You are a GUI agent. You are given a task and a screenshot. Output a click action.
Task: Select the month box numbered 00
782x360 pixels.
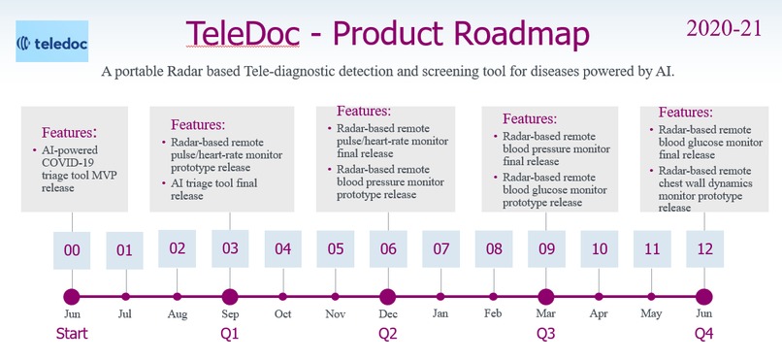tap(72, 249)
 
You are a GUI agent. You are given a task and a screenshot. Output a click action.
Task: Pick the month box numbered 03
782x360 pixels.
tap(230, 248)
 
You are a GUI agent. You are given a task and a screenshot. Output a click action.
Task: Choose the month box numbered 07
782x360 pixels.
tap(441, 249)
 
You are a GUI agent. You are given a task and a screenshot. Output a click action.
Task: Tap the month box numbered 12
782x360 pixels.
tap(704, 249)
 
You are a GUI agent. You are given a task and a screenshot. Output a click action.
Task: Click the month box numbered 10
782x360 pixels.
tap(599, 249)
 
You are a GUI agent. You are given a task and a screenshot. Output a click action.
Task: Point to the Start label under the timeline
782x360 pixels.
tap(72, 334)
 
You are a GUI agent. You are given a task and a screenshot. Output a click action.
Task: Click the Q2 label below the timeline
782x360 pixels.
tap(388, 334)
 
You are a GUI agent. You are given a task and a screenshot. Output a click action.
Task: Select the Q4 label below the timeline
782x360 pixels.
tap(704, 334)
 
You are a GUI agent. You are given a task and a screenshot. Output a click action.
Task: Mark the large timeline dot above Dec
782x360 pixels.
tap(388, 297)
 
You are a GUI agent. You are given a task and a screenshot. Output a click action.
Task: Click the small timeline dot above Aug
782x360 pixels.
tap(177, 297)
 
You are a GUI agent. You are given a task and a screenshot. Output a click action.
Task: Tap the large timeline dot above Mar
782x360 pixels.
tap(546, 297)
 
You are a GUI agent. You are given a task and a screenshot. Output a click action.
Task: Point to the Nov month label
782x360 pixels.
tap(335, 313)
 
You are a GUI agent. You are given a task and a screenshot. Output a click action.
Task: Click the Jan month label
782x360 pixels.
tap(441, 313)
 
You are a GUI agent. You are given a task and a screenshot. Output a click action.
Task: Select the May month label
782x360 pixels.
tap(651, 313)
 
